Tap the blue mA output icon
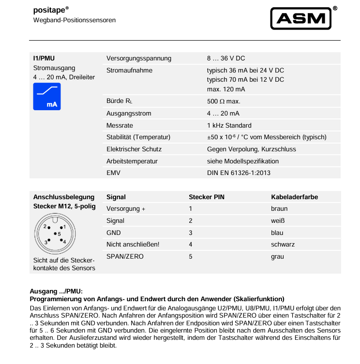(47, 97)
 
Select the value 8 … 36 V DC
(226, 58)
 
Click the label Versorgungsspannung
(139, 58)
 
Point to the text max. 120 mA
(226, 89)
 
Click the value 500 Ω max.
(224, 102)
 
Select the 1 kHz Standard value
(229, 125)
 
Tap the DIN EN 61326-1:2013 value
(239, 173)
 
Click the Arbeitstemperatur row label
(132, 161)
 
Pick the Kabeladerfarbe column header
(294, 197)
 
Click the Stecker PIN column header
(206, 197)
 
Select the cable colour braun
(279, 209)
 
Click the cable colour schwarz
(283, 245)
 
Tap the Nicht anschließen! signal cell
(133, 245)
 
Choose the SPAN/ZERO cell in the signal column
(125, 256)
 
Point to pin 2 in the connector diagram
(45, 226)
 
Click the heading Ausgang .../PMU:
(57, 291)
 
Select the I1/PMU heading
(44, 58)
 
